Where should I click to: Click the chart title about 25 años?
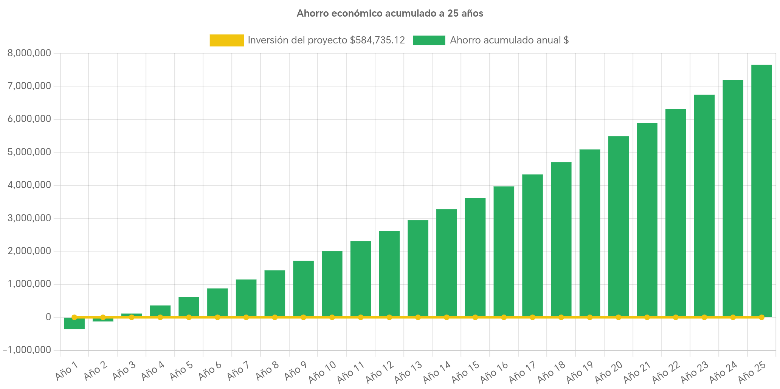point(390,14)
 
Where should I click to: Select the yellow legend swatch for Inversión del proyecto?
point(226,40)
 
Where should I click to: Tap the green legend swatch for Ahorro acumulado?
point(429,40)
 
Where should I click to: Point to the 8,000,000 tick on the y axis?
point(29,53)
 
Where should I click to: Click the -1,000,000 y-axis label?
point(27,350)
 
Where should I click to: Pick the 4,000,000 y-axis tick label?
point(29,185)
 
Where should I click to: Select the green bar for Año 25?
point(761,189)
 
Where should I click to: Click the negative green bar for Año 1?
point(74,324)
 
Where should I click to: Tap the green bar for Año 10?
point(332,283)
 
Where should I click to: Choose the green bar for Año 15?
point(475,257)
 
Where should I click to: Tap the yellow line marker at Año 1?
point(74,317)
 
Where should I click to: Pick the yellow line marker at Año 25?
point(761,317)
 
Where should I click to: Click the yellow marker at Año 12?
point(389,317)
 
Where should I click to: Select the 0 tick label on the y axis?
point(48,317)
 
